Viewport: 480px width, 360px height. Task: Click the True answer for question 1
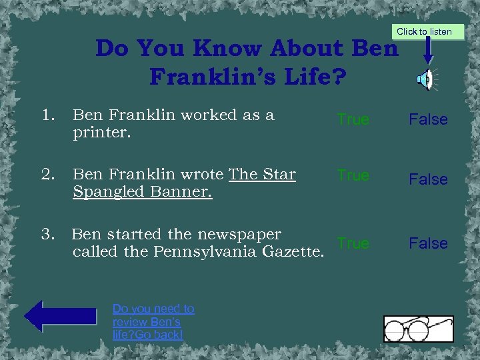coord(353,119)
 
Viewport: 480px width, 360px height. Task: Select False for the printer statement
coord(428,119)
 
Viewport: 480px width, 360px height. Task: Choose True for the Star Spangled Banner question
coord(353,175)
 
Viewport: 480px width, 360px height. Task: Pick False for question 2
coord(428,179)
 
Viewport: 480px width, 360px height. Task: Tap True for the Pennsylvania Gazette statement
coord(353,243)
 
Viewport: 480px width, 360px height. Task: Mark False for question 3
coord(428,243)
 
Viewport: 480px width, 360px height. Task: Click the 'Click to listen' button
coord(424,31)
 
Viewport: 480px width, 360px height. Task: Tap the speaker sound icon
coord(425,80)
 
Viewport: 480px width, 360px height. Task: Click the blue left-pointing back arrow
coord(61,316)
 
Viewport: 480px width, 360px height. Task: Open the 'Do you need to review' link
coord(153,321)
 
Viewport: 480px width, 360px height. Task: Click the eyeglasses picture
coord(418,328)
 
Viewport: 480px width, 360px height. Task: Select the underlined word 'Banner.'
coord(179,192)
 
